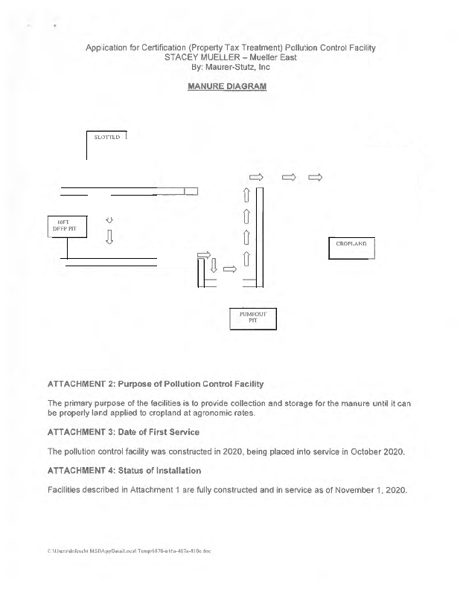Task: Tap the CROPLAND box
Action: (351, 245)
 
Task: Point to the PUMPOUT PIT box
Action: (252, 317)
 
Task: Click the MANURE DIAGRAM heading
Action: (230, 86)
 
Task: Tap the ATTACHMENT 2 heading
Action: (155, 384)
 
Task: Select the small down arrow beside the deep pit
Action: (110, 220)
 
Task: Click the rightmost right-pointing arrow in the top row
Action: (315, 177)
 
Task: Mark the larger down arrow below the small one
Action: (110, 237)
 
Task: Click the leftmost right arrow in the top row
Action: (255, 177)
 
